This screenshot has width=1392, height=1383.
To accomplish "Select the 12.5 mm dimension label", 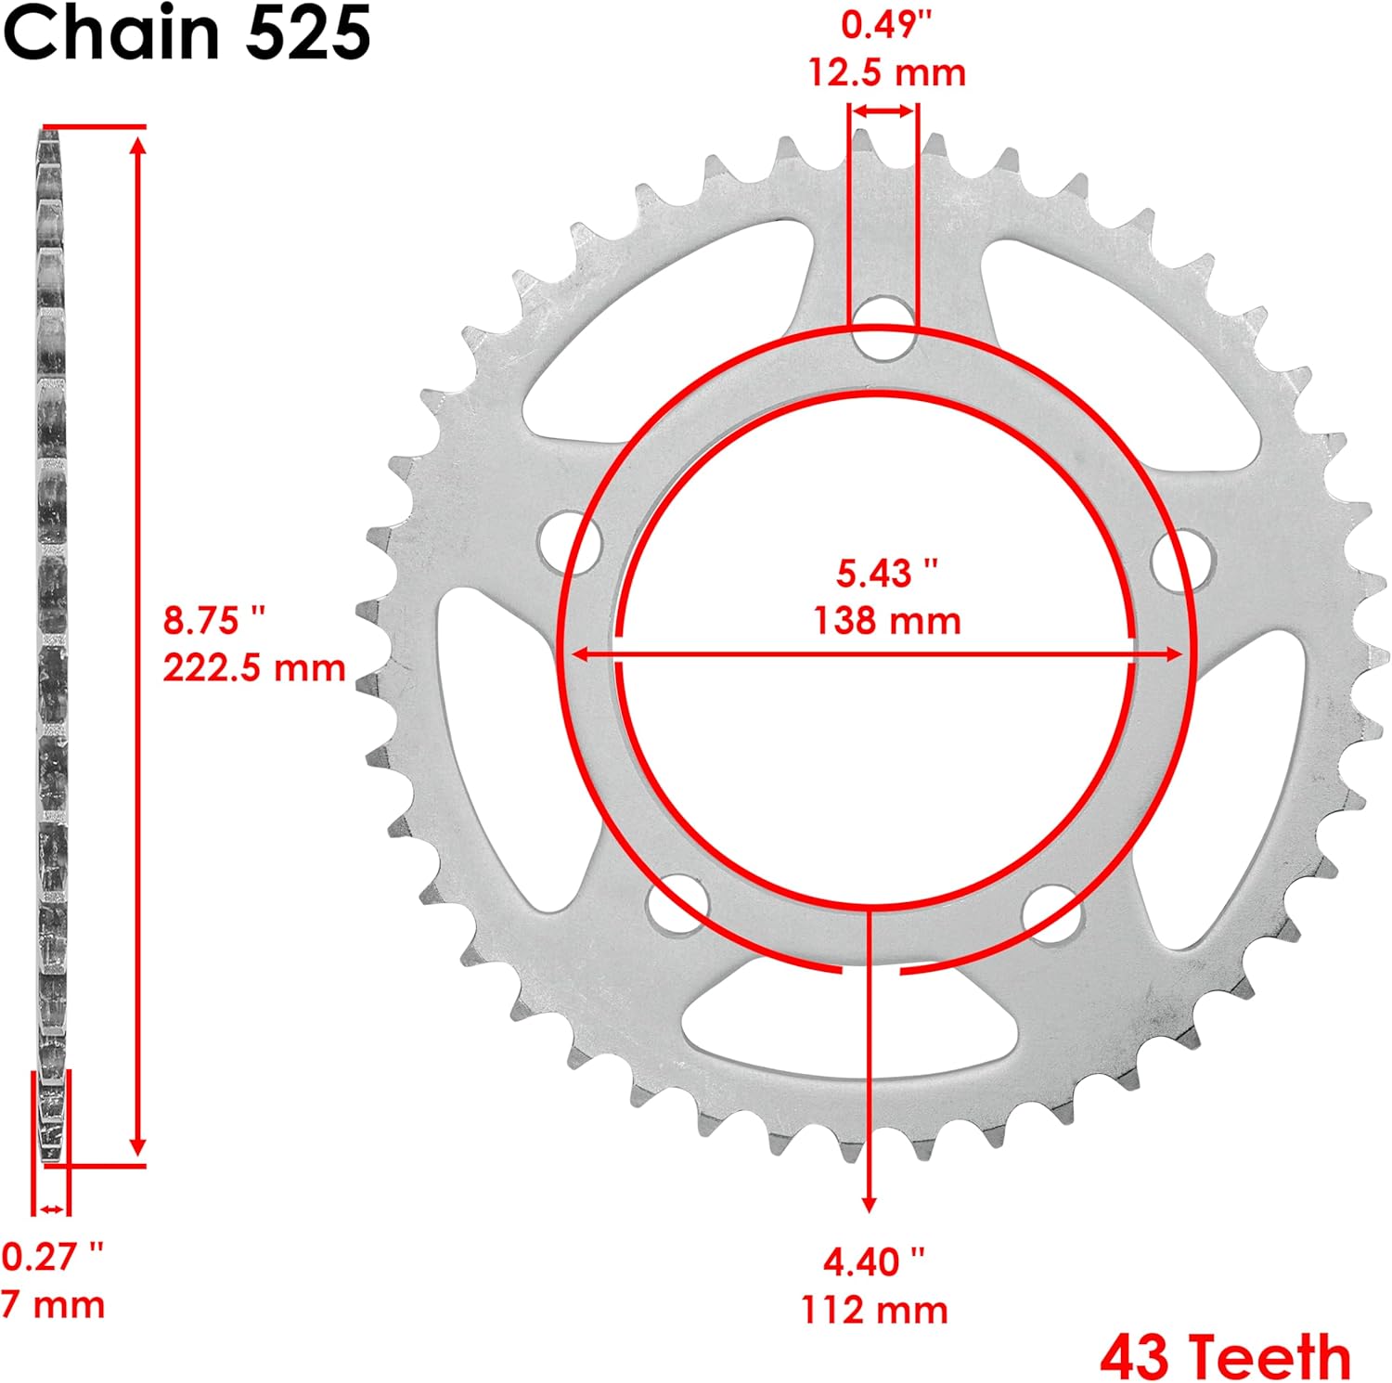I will (886, 72).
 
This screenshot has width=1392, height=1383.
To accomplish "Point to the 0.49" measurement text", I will (886, 26).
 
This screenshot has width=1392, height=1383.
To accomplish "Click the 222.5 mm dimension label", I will (253, 668).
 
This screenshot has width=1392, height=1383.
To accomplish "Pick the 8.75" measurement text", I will (214, 620).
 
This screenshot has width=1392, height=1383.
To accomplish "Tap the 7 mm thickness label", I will (53, 1305).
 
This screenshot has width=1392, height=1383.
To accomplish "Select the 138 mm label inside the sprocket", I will (886, 620).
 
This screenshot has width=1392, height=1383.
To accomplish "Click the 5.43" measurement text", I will (886, 573).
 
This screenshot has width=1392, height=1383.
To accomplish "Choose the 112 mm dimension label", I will (874, 1311).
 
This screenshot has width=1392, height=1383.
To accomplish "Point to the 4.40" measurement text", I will (874, 1262).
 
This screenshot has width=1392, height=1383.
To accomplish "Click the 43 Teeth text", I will (1225, 1357).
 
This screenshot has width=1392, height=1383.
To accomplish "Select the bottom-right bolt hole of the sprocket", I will (1051, 914).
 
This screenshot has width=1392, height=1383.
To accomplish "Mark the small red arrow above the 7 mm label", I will (51, 1209).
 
